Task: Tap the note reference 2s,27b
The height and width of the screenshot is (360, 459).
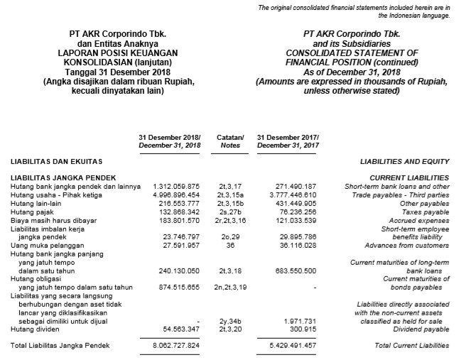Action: (230, 211)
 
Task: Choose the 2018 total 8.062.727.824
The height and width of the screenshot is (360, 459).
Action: (177, 345)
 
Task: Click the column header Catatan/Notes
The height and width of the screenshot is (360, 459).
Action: (230, 140)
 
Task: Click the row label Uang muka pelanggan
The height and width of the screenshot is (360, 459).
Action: (40, 246)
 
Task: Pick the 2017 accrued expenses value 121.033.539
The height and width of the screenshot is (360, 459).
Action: (291, 219)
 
